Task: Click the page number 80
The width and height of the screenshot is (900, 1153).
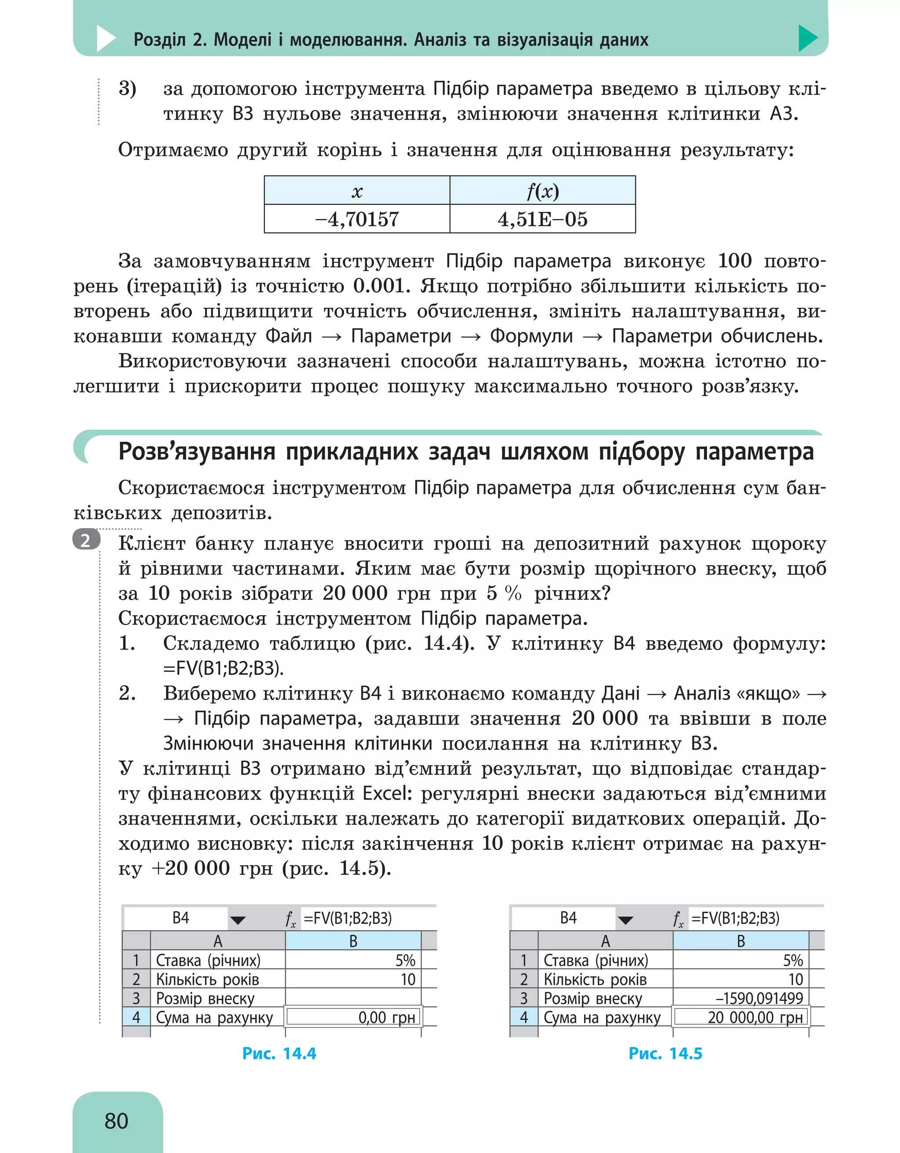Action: point(116,1120)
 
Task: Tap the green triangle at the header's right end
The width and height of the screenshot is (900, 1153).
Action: point(806,38)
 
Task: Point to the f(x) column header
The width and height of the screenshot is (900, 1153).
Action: point(542,191)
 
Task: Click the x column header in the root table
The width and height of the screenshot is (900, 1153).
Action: point(357,191)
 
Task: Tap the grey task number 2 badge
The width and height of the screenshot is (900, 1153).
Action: point(86,540)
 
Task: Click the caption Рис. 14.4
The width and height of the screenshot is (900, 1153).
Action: point(279,1053)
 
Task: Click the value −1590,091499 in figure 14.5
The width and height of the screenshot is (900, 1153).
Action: point(758,998)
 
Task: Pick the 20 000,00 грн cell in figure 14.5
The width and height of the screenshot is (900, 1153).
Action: point(755,1017)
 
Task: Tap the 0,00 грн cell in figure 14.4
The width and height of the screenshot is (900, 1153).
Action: point(386,1017)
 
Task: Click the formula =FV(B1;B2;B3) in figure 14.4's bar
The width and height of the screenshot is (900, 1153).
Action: point(348,918)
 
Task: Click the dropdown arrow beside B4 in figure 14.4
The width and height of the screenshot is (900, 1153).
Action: point(238,920)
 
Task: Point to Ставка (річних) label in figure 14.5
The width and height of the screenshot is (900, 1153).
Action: point(595,960)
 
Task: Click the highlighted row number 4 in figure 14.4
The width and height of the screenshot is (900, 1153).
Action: point(136,1017)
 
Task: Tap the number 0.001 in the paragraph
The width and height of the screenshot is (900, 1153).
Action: point(381,286)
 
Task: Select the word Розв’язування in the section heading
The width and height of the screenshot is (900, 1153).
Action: point(196,452)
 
